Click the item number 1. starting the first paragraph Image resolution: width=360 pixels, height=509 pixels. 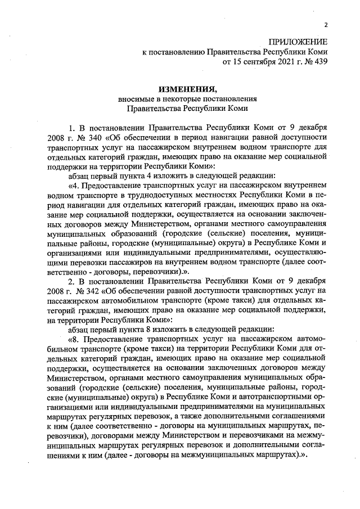[x=72, y=127]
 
